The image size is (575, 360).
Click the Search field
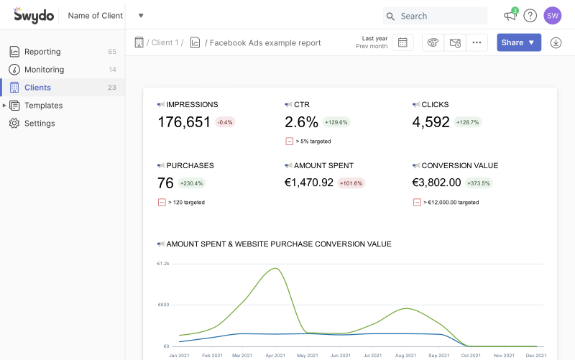434,16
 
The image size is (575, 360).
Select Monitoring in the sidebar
44,70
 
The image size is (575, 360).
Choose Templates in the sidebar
43,106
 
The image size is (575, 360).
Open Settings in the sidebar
40,124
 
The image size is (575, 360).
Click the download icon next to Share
556,42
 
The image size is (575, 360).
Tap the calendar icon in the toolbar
402,42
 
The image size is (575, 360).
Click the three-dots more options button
476,42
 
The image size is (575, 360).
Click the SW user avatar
552,16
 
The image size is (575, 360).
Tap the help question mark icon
530,16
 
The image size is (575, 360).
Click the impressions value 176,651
184,122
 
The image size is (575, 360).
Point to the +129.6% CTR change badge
336,122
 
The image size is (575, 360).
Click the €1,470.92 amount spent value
309,183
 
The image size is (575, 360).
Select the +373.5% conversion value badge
478,183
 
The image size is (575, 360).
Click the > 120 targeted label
186,203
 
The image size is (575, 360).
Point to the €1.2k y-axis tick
163,264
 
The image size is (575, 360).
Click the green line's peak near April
274,269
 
